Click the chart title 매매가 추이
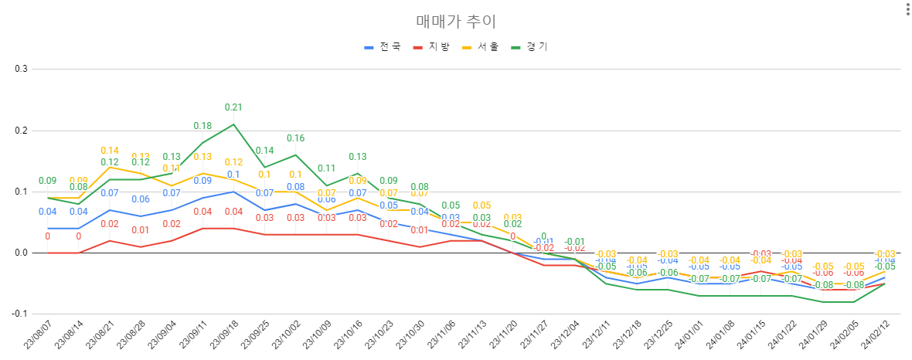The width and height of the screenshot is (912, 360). click(x=455, y=21)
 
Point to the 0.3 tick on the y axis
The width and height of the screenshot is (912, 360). click(x=21, y=69)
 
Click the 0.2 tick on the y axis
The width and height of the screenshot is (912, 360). click(x=21, y=131)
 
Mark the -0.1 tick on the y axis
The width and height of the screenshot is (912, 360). click(x=19, y=314)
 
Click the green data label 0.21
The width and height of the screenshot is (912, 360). click(x=233, y=107)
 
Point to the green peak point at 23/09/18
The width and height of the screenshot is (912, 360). click(x=233, y=124)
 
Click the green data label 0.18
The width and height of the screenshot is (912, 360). click(x=202, y=126)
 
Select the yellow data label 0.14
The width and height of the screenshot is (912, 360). click(x=110, y=151)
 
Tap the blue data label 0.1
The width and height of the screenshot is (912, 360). click(x=233, y=175)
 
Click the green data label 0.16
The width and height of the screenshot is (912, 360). click(x=296, y=138)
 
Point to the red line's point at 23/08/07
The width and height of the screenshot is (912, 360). click(x=48, y=253)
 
